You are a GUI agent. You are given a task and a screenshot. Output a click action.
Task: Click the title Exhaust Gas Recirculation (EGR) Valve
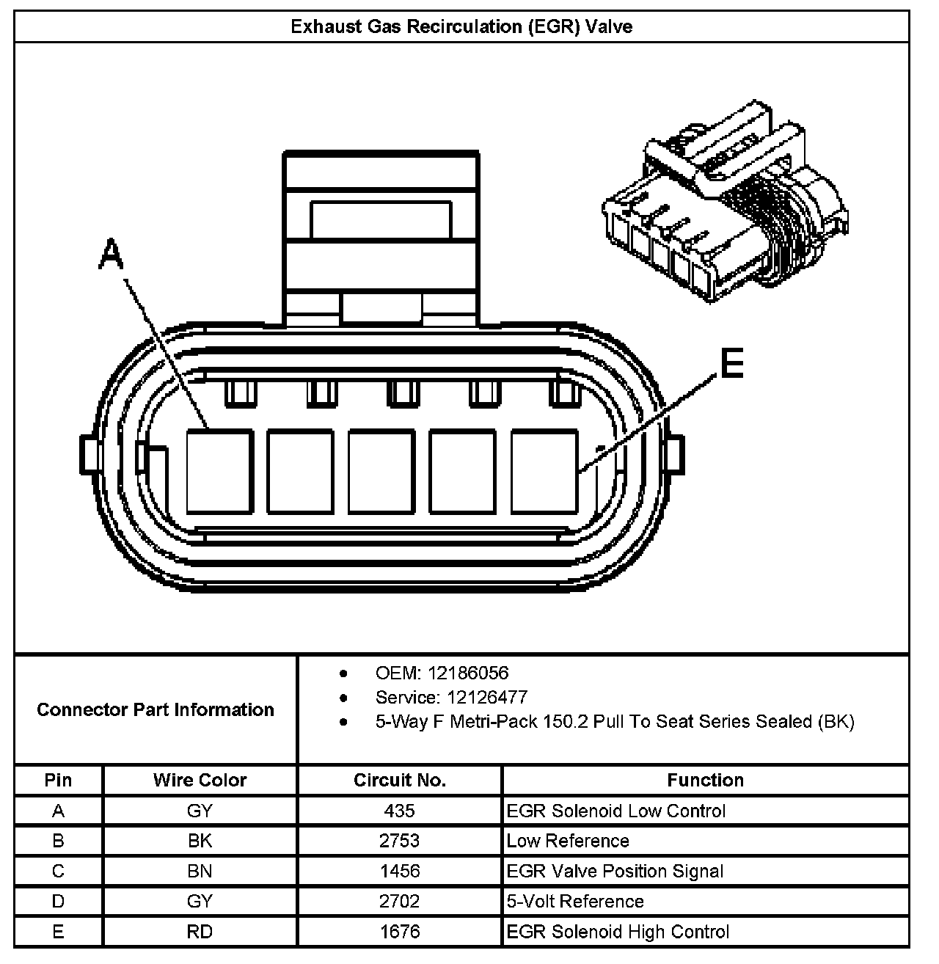[461, 27]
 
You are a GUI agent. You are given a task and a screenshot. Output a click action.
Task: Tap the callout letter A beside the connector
[112, 255]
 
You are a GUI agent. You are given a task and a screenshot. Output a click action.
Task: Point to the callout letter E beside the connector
[731, 364]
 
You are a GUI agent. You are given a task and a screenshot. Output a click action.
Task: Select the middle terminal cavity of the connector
[381, 471]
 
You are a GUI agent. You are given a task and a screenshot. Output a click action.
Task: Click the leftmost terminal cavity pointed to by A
[219, 471]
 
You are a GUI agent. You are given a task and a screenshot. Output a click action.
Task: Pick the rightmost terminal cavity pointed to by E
[544, 471]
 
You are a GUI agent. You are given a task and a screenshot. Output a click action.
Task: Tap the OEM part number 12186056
[468, 673]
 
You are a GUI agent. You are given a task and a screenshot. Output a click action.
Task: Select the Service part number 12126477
[478, 697]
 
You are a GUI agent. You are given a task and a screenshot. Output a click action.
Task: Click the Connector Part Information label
[156, 709]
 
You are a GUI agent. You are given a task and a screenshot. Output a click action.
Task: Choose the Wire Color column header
[200, 780]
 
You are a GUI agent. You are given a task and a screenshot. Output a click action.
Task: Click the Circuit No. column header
[400, 780]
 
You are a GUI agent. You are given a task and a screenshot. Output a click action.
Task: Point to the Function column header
[705, 780]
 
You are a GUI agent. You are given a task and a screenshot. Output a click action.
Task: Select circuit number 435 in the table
[400, 811]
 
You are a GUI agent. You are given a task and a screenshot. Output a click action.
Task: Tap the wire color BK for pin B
[200, 841]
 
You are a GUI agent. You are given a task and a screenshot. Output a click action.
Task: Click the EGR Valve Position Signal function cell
[615, 871]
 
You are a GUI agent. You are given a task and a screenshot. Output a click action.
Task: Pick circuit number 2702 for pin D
[400, 901]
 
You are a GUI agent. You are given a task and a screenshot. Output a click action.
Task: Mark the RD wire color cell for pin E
[200, 932]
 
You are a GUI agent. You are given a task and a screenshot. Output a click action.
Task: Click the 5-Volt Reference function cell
[575, 901]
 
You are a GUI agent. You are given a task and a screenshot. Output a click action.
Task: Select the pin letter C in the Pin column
[58, 871]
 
